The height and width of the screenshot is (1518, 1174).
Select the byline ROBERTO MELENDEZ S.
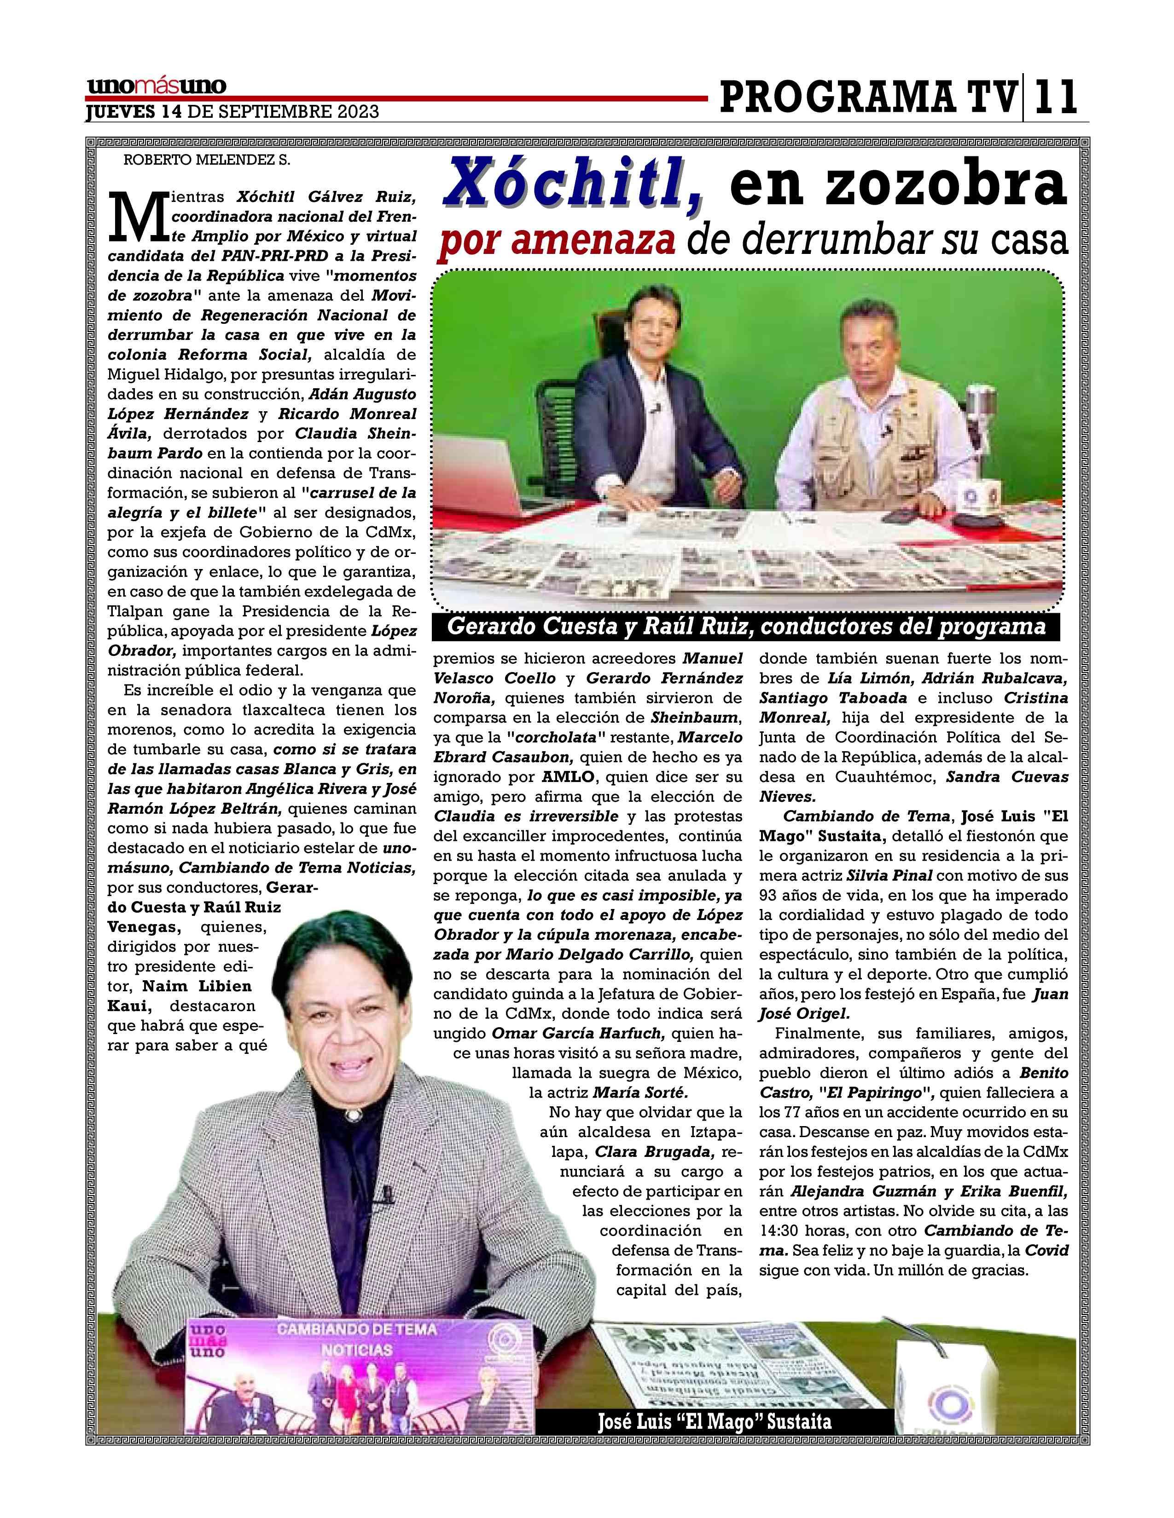207,159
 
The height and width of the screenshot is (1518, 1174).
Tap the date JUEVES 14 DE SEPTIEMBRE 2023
232,112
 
